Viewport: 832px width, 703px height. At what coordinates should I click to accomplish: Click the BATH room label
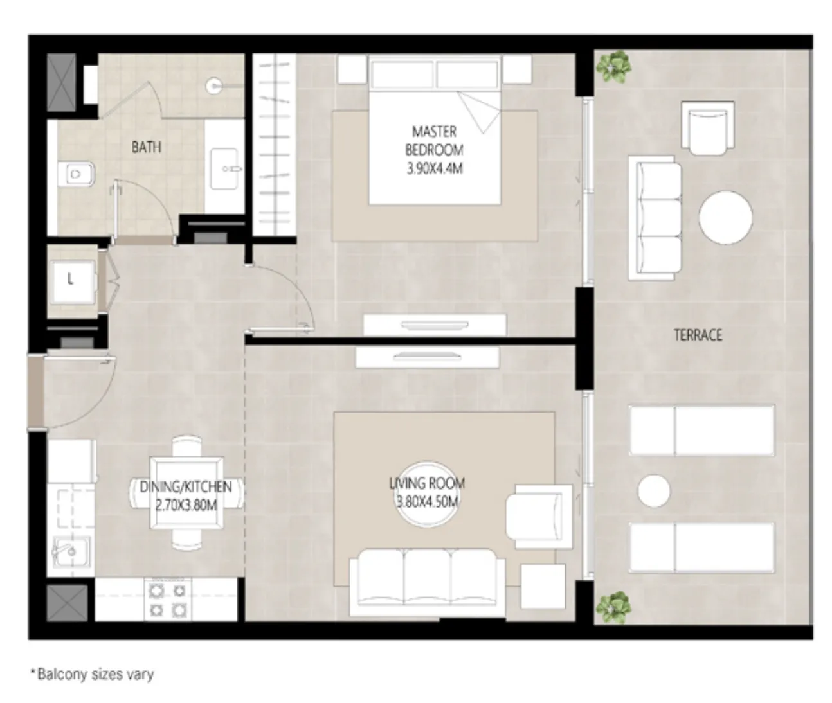coord(146,147)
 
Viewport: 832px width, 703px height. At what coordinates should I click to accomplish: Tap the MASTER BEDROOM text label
coord(434,141)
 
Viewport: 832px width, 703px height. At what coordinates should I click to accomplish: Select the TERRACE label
coord(698,335)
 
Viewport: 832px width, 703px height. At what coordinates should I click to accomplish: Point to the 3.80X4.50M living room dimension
coord(427,502)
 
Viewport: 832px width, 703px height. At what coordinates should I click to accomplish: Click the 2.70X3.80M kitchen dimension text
coord(186,505)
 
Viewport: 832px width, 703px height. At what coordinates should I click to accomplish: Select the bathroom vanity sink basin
coord(225,169)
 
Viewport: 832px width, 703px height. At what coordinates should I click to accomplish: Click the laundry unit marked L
coord(71,280)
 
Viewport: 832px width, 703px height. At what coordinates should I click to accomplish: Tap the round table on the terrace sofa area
coord(725,217)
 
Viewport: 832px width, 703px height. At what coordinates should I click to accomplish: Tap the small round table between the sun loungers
coord(653,491)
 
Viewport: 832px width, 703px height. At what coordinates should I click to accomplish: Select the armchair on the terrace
coord(708,127)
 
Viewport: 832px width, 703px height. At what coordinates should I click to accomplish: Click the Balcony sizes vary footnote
coord(93,674)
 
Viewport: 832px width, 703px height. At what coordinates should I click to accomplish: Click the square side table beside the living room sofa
coord(543,586)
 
